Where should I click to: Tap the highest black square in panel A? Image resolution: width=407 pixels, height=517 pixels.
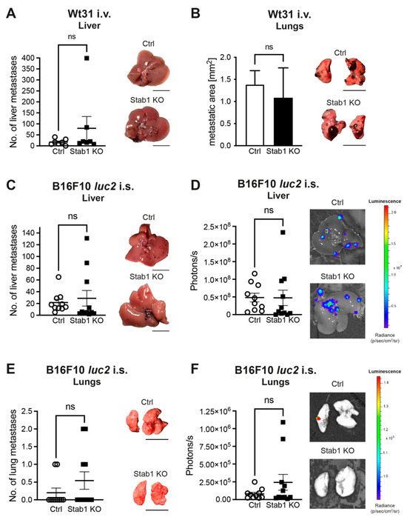(x=87, y=58)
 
